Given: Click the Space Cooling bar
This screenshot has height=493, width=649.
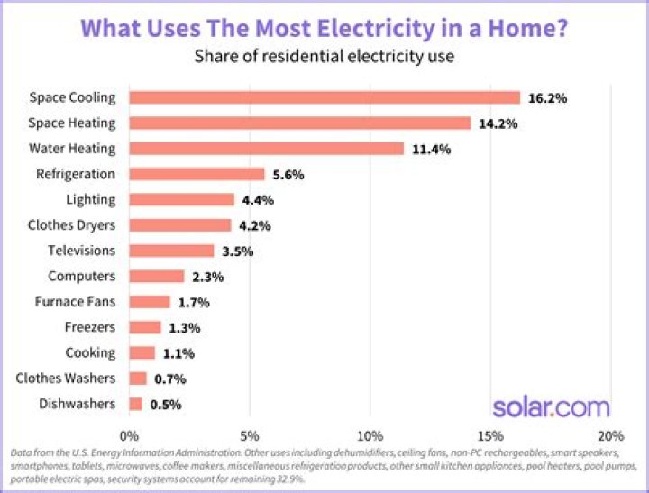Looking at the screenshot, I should [x=324, y=97].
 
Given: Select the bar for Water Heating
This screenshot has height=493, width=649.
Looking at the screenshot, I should [x=267, y=149].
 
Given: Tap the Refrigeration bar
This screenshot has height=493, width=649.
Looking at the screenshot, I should [x=197, y=174].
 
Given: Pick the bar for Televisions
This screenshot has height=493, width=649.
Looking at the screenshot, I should [x=171, y=251].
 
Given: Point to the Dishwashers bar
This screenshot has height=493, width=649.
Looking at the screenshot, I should [x=135, y=404].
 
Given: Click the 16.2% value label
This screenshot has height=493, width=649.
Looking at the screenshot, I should [x=547, y=97].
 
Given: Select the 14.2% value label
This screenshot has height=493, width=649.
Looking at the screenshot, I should [x=498, y=123].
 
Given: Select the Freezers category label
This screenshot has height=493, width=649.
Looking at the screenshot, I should [x=90, y=327].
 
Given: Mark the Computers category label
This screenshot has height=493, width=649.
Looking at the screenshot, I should [x=82, y=277].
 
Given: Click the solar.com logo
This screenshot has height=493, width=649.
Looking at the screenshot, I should [x=550, y=406].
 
